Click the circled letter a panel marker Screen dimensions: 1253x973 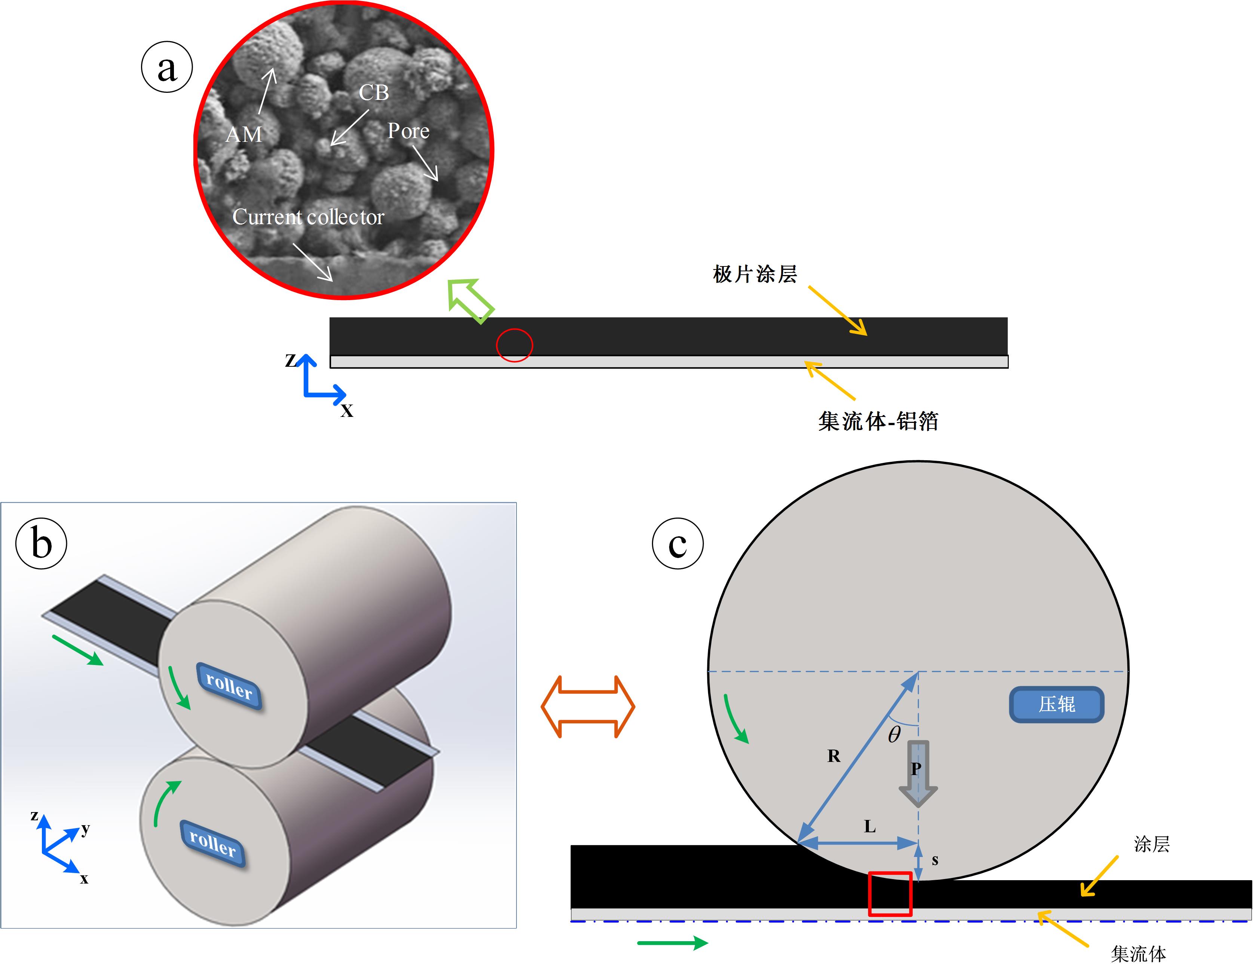pyautogui.click(x=166, y=67)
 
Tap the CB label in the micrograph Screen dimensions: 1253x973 pyautogui.click(x=374, y=92)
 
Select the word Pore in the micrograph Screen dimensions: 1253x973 pyautogui.click(x=408, y=131)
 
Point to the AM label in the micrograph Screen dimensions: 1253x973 pyautogui.click(x=244, y=134)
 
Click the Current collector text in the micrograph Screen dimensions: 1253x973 pyautogui.click(x=308, y=216)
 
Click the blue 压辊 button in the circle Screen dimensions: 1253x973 pyautogui.click(x=1056, y=704)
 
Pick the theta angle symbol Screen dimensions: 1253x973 pyautogui.click(x=894, y=734)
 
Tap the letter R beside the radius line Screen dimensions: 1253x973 pyautogui.click(x=834, y=756)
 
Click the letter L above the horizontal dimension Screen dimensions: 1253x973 pyautogui.click(x=870, y=827)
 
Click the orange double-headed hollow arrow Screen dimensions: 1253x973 pyautogui.click(x=588, y=707)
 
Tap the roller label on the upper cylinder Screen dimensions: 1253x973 pyautogui.click(x=229, y=686)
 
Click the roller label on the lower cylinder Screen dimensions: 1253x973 pyautogui.click(x=213, y=843)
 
